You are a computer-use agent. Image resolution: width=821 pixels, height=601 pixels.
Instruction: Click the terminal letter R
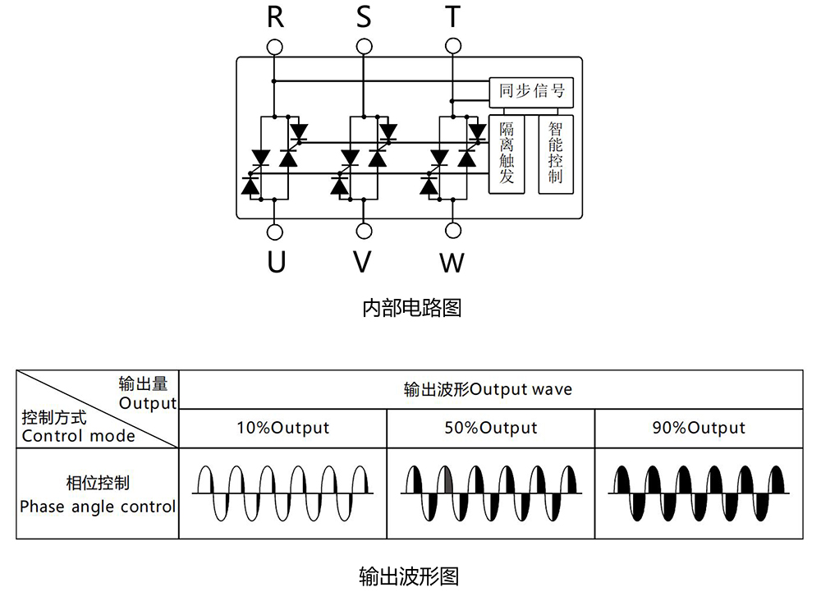[276, 16]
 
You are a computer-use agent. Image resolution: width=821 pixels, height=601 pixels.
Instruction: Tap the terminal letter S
[363, 16]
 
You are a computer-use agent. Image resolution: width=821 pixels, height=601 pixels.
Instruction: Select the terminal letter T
[452, 16]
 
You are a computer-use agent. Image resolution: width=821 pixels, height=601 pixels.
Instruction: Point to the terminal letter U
[277, 262]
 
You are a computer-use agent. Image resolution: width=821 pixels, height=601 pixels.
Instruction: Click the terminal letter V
[362, 262]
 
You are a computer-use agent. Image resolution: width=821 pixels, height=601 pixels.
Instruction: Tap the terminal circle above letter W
[452, 232]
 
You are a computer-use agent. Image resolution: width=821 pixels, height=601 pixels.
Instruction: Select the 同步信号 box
[531, 91]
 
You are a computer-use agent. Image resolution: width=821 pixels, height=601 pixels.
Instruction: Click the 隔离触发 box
[507, 154]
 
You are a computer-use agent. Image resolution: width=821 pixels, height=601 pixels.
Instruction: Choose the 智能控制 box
[556, 154]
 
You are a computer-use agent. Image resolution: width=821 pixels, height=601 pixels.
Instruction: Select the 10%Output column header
[282, 428]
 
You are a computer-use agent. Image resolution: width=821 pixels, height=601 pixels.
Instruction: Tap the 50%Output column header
[491, 428]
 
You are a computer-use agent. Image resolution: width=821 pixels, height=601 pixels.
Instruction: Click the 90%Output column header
[699, 428]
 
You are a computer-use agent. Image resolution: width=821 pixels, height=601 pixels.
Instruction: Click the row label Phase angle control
[98, 507]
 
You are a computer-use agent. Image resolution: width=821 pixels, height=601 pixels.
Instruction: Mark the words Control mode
[78, 436]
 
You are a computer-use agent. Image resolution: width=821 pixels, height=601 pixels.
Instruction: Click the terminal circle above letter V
[363, 232]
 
